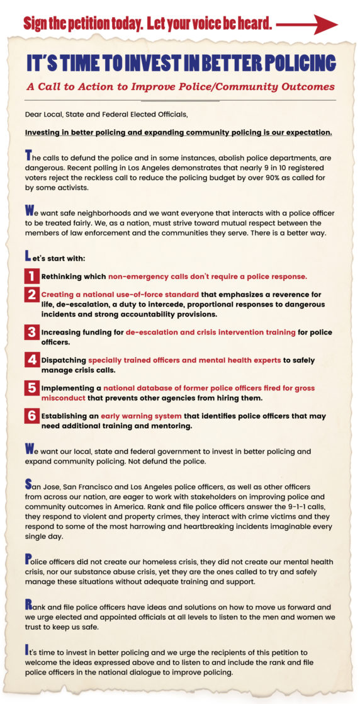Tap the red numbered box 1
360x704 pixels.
click(31, 276)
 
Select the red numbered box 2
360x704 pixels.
click(31, 295)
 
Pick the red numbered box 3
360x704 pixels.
click(31, 332)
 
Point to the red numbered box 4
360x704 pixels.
click(31, 360)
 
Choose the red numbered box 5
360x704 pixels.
click(31, 388)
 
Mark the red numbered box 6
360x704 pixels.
click(31, 416)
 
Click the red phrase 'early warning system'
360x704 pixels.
click(141, 416)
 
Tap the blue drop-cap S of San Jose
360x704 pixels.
click(28, 484)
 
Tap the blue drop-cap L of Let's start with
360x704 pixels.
click(28, 257)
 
